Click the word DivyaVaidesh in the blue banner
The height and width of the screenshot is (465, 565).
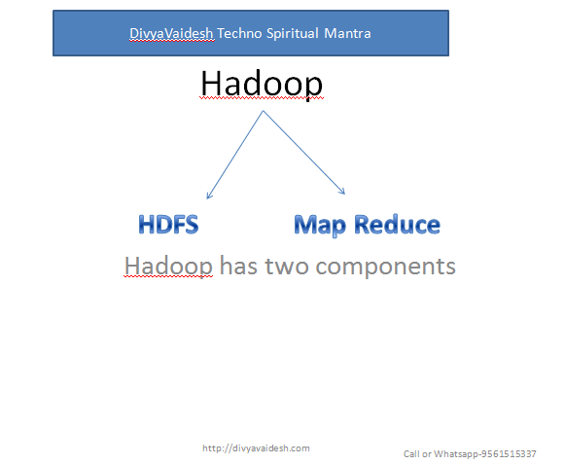coord(171,33)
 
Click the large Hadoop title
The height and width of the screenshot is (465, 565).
coord(262,85)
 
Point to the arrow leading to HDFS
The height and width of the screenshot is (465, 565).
coord(235,154)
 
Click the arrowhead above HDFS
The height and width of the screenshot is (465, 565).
coord(209,195)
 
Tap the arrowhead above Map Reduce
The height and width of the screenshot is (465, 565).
coord(342,192)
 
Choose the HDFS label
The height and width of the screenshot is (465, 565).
coord(168,225)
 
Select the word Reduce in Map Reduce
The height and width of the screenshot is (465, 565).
coord(397,225)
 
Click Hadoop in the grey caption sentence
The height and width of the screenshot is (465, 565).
coord(168,265)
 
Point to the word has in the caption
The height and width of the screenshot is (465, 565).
coord(239,265)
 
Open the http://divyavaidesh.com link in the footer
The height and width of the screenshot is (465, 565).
coord(256,447)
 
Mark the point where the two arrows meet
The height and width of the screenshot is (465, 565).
coord(263,112)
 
